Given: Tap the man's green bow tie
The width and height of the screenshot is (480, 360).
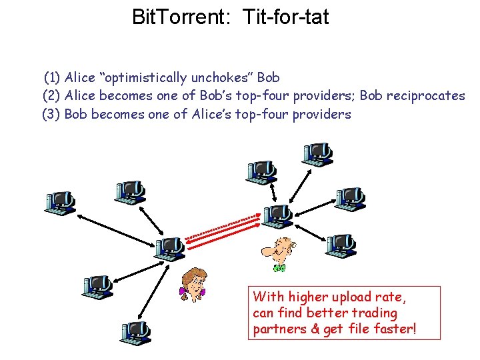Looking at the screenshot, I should pyautogui.click(x=279, y=268).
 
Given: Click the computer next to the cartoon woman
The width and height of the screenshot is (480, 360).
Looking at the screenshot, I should pyautogui.click(x=169, y=248).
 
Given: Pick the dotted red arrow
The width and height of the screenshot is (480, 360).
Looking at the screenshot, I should pyautogui.click(x=223, y=227).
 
